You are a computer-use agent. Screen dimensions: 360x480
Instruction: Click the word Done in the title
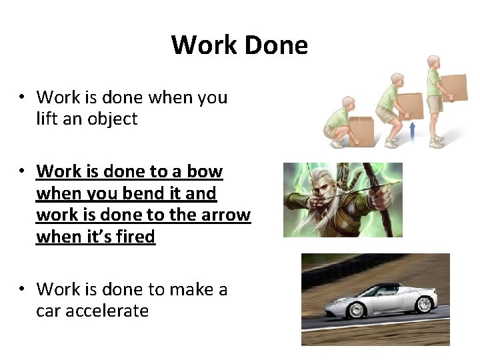coord(276,45)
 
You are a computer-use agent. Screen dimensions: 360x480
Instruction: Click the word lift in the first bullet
coord(48,119)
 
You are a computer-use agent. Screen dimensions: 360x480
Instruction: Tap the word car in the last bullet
coord(49,311)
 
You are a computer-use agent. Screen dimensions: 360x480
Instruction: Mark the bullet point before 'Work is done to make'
coord(22,289)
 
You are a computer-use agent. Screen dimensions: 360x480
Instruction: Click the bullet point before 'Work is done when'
coord(22,97)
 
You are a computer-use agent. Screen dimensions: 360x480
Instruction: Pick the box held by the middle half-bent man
coord(411,105)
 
